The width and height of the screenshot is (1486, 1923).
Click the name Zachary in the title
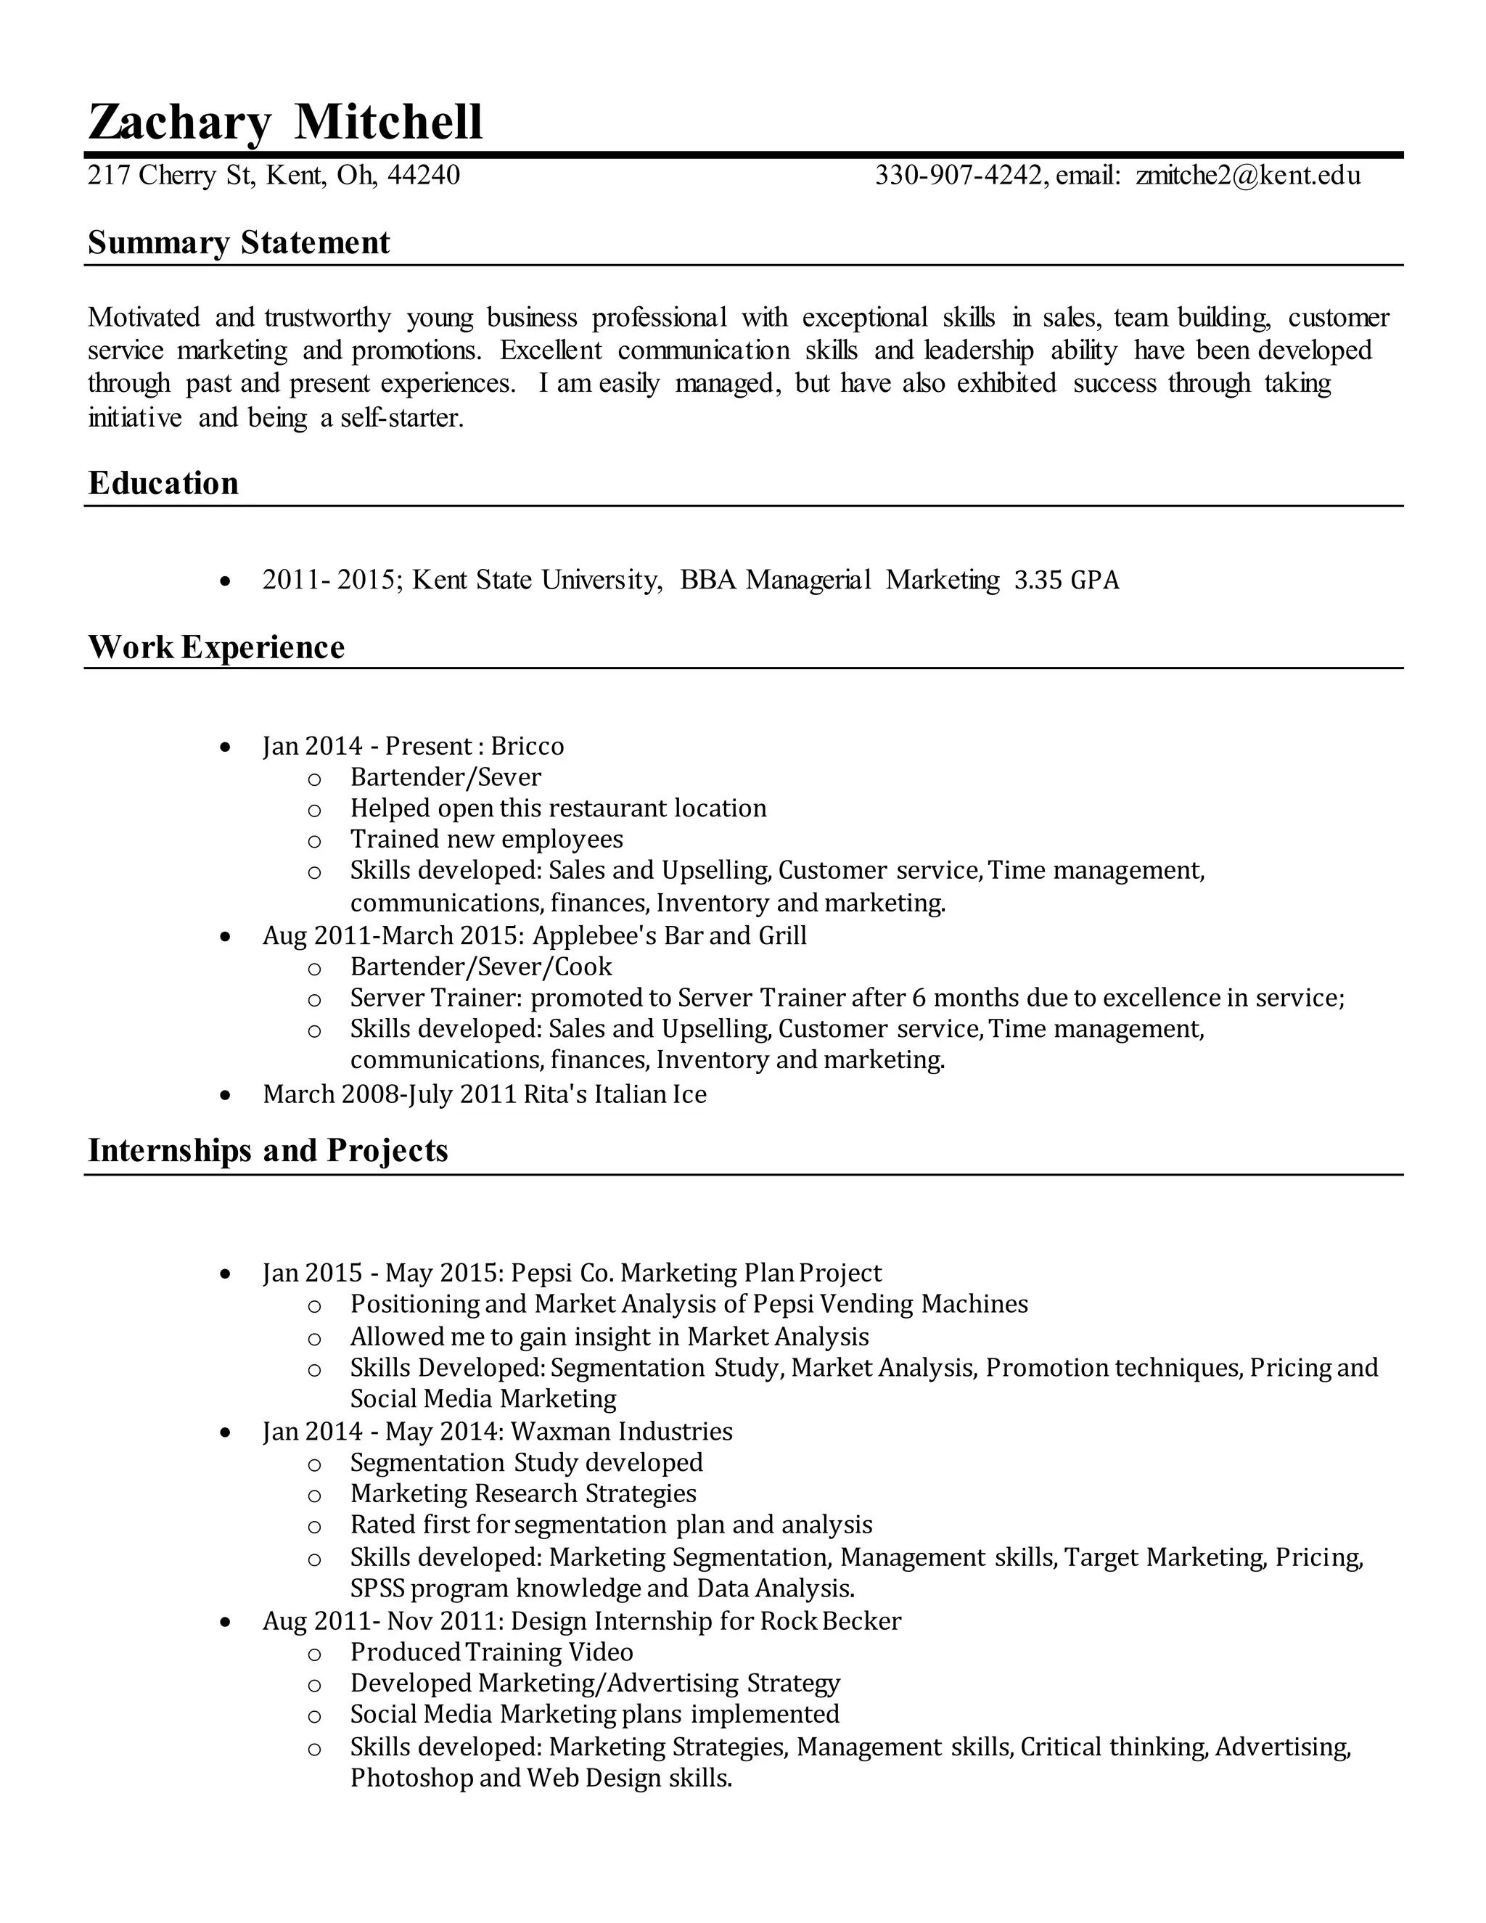178,123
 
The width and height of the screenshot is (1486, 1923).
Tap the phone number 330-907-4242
958,175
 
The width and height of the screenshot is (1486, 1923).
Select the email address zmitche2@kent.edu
1248,175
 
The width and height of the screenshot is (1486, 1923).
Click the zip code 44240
424,175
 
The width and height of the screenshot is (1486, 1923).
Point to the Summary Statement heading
239,243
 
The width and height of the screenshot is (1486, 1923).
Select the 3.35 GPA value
1066,581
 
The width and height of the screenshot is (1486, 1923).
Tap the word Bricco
528,747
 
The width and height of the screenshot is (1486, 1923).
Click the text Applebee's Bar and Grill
669,935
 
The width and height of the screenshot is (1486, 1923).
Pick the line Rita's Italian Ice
615,1094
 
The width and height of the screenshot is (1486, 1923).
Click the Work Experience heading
216,647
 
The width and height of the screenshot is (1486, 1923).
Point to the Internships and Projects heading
268,1151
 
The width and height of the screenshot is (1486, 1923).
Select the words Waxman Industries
622,1432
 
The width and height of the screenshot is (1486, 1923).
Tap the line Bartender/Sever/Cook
480,967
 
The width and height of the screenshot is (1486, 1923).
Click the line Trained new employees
486,839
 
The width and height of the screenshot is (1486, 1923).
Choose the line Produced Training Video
491,1652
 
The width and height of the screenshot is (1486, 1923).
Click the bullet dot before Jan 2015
226,1274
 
